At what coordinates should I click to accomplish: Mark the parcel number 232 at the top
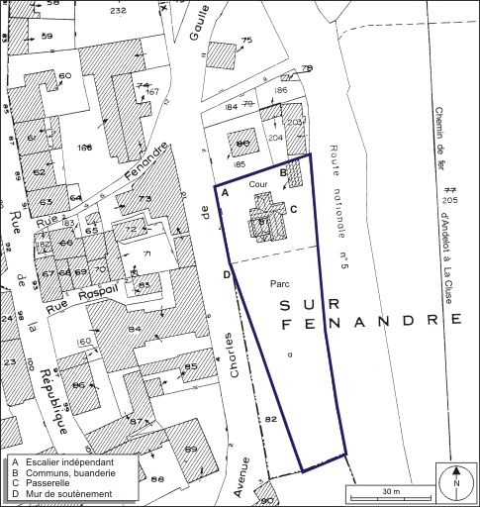[119, 10]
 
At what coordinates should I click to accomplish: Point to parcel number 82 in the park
[269, 420]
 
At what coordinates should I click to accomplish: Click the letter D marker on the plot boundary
[227, 274]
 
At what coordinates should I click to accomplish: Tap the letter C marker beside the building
[293, 208]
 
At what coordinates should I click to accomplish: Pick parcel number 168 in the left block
[86, 148]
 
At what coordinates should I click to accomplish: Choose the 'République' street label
[48, 390]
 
